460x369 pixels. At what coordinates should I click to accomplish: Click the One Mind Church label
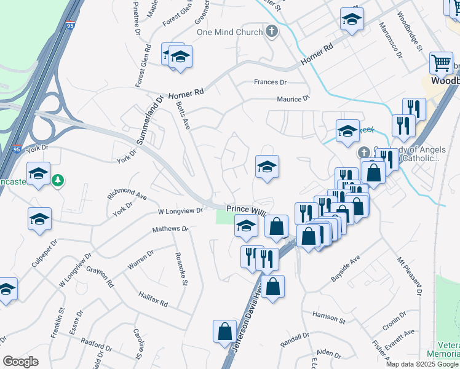coord(229,32)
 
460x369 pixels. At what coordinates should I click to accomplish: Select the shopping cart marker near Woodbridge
coord(441,62)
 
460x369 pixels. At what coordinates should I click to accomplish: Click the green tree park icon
coord(58,180)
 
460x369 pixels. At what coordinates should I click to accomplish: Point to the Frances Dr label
coord(271,82)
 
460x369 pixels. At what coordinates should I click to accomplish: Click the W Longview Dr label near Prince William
coord(180,211)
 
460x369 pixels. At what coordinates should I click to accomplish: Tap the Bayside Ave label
coord(345,268)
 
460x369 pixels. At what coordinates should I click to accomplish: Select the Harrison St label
coord(329,318)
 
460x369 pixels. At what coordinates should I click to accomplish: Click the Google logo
coord(20,361)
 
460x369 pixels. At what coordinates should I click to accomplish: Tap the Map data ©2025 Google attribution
coord(422,364)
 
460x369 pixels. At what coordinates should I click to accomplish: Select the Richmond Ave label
coord(127,196)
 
